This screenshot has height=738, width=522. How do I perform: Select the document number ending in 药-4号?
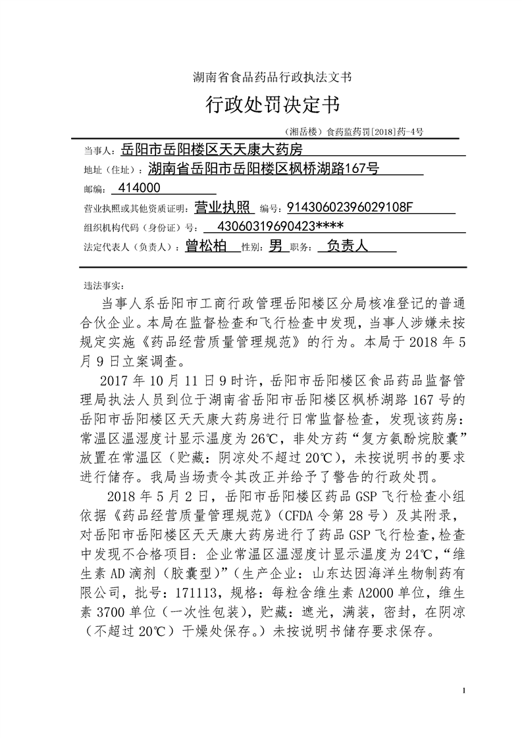coord(354,132)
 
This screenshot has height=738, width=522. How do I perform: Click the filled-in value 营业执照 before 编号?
coord(224,208)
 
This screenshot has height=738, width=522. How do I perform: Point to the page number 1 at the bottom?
coord(465,691)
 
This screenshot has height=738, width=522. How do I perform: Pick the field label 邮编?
coord(94,189)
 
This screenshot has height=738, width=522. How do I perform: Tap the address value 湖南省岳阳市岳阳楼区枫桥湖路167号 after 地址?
coord(263,170)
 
